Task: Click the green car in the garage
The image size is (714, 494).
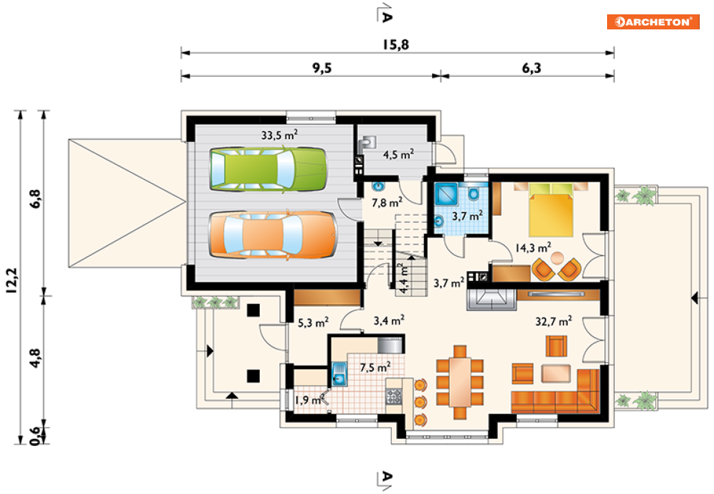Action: tap(268, 168)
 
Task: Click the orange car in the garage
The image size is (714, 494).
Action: tap(273, 234)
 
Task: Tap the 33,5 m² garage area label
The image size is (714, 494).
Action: tap(279, 135)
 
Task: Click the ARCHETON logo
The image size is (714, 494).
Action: tap(653, 22)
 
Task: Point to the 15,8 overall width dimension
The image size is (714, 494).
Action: tap(395, 44)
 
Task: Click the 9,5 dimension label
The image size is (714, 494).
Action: tap(322, 68)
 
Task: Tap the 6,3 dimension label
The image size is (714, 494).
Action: tap(532, 68)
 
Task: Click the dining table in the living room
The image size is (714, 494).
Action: tap(460, 382)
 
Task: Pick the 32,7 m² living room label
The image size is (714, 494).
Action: tap(553, 321)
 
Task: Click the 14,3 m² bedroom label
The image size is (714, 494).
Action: tap(532, 247)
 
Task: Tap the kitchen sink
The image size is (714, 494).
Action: tap(339, 374)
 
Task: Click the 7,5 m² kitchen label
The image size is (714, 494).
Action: tap(375, 366)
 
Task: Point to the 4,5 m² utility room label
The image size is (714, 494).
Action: tap(398, 154)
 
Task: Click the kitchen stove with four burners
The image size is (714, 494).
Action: tap(393, 396)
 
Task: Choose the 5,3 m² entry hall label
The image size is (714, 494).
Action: tap(314, 323)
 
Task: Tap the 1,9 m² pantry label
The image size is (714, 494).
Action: tap(309, 400)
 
